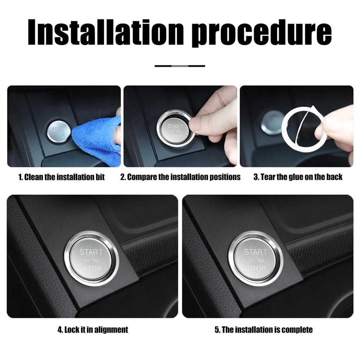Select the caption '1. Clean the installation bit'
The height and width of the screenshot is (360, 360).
62,177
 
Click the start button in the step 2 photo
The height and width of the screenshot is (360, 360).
175,131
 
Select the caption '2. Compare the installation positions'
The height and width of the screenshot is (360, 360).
180,177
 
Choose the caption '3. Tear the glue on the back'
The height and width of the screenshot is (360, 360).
298,177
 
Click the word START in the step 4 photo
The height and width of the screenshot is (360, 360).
91,252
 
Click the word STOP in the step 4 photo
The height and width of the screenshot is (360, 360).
92,269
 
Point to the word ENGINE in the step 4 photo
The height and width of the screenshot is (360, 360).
92,261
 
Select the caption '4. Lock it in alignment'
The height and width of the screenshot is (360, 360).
93,330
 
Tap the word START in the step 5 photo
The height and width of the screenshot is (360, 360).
256,252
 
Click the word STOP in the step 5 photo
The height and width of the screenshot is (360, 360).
256,269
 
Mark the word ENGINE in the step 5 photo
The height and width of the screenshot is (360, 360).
256,261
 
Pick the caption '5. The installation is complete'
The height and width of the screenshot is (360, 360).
263,330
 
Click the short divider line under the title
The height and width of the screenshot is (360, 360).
180,66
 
